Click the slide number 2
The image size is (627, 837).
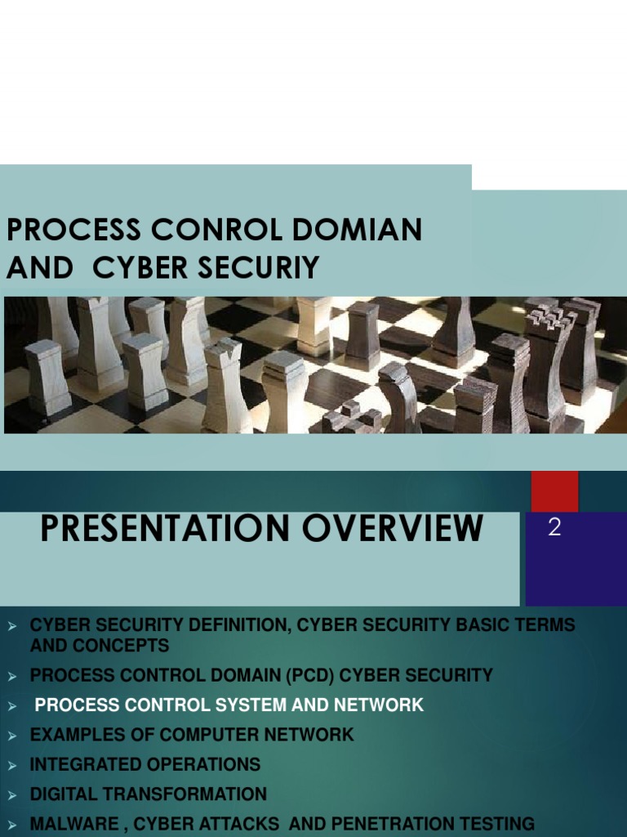click(554, 528)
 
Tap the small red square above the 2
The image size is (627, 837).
click(554, 490)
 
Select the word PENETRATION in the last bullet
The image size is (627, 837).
click(392, 823)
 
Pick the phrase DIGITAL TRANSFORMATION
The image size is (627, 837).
click(149, 794)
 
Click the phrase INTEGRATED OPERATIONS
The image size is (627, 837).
click(145, 764)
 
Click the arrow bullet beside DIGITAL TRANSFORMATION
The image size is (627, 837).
click(12, 794)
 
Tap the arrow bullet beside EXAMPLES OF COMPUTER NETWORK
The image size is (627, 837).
click(12, 734)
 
